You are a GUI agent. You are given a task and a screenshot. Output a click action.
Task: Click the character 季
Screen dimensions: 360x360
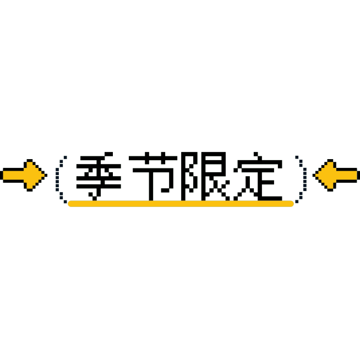(99, 176)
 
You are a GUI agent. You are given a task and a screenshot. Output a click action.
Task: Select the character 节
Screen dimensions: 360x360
(153, 176)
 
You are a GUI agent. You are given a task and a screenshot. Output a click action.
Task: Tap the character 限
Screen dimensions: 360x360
(205, 176)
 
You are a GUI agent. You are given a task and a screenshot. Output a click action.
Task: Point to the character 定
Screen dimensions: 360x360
(258, 176)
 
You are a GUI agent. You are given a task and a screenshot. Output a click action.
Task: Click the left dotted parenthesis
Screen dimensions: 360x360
(57, 179)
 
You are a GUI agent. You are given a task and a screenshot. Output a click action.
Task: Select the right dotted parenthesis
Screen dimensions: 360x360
(305, 179)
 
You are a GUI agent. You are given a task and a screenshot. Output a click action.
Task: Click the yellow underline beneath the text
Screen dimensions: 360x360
(181, 204)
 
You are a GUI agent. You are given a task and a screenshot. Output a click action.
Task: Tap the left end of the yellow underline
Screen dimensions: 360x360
(68, 204)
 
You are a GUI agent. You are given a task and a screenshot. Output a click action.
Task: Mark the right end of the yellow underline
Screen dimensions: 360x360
(293, 204)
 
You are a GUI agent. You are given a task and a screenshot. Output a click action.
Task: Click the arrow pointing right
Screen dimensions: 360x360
(24, 175)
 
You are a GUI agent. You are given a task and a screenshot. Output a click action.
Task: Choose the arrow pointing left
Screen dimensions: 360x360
(336, 175)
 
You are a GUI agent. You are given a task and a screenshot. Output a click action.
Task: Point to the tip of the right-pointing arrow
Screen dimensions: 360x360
(47, 175)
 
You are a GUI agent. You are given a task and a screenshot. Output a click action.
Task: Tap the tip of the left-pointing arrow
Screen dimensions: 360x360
(313, 175)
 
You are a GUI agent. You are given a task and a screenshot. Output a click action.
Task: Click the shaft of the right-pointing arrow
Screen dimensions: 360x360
(13, 175)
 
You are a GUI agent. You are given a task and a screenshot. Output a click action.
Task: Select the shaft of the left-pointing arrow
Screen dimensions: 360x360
(347, 175)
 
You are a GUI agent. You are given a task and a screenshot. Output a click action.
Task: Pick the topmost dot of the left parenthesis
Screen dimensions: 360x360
(65, 157)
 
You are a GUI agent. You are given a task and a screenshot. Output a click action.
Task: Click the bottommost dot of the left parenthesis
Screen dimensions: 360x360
(65, 202)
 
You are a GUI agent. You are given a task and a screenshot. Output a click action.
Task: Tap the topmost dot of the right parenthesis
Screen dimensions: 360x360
(297, 157)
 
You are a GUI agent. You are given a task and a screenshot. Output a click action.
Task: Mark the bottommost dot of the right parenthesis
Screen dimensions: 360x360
(297, 202)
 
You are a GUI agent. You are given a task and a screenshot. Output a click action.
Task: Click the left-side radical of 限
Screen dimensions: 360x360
(189, 176)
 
